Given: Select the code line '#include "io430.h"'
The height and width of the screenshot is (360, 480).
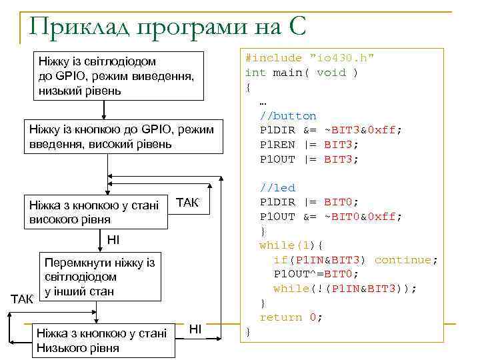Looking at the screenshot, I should point(309,58).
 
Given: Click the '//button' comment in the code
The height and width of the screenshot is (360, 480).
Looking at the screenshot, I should point(288,116).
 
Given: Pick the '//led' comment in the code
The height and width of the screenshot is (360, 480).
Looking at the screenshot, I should point(277,188).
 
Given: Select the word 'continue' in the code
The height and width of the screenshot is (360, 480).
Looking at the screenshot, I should point(403,260).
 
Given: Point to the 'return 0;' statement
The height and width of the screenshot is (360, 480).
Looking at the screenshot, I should point(291,317).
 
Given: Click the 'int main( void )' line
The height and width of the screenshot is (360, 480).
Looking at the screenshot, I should point(301,73).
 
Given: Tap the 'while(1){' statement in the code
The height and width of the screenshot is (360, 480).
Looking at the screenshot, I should point(291,245).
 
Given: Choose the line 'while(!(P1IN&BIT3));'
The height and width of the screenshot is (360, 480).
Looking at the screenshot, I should point(345,289).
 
